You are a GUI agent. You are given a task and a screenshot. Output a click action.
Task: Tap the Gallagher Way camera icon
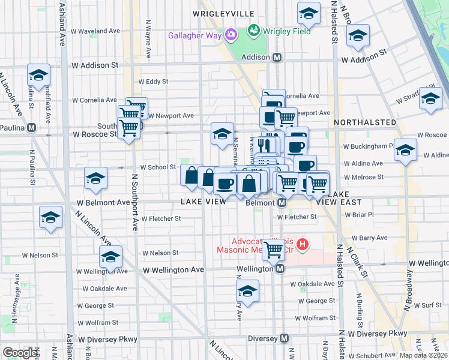click(x=231, y=35)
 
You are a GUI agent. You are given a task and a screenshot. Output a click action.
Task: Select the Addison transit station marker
click(x=277, y=58)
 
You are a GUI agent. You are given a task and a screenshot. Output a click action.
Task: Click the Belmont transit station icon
click(x=281, y=203)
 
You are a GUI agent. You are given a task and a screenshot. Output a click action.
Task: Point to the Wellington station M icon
click(x=280, y=270)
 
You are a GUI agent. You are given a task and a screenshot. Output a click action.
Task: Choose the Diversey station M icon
click(x=283, y=338)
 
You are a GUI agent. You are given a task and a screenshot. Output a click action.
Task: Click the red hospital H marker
click(x=303, y=245)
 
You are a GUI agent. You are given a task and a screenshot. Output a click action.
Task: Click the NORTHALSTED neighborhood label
click(x=363, y=122)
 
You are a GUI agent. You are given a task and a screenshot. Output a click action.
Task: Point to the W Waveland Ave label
click(x=95, y=31)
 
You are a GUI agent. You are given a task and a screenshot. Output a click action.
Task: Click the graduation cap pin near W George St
click(x=247, y=292)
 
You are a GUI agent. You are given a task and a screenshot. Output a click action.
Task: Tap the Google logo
click(x=20, y=352)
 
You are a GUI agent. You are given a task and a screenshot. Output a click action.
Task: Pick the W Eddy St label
click(x=153, y=81)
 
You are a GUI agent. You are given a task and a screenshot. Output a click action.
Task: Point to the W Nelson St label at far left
click(x=40, y=255)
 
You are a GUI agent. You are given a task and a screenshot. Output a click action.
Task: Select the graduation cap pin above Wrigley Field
click(x=309, y=13)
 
